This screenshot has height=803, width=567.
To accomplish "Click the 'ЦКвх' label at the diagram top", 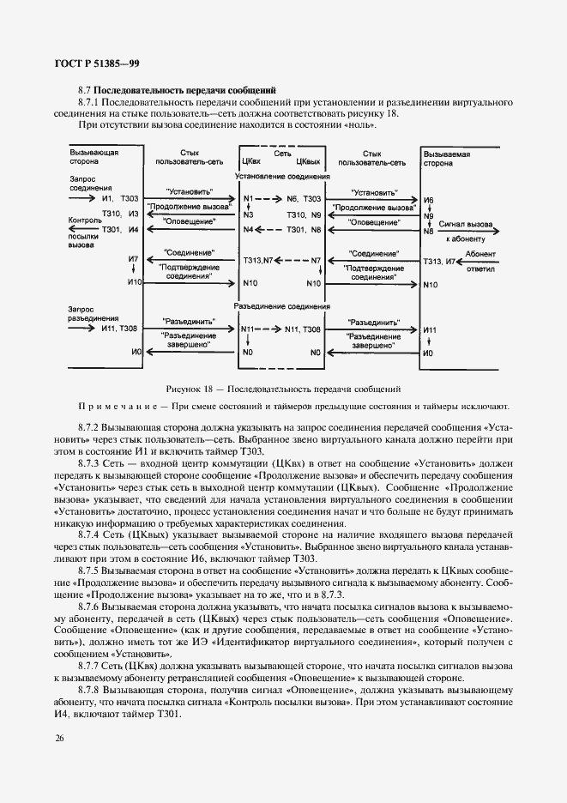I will click(x=251, y=160).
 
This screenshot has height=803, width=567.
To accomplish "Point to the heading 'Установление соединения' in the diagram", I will click(x=281, y=177).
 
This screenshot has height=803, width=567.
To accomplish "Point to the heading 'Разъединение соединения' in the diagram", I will click(x=281, y=306).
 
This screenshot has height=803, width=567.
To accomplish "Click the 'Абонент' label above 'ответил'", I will click(x=479, y=254).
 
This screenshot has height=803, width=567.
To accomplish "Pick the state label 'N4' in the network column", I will click(x=249, y=230).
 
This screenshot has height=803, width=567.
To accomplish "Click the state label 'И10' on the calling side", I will click(x=132, y=282).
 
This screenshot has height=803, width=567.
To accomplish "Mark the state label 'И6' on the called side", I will click(x=429, y=200).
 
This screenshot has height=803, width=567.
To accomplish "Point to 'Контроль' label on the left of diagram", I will click(x=84, y=220).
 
